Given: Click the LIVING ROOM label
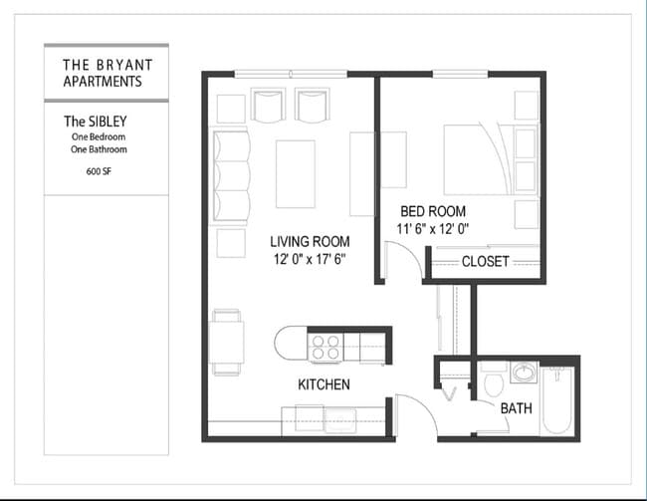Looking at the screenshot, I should coord(310,241).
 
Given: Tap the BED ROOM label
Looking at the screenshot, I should coord(433,211).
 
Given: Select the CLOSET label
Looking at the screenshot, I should coord(485,262).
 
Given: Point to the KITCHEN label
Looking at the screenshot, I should coord(323,384).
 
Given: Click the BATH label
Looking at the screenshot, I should coord(516,408).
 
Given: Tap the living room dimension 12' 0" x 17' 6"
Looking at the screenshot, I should coord(311,260).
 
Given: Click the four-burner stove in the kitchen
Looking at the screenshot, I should coord(325,346).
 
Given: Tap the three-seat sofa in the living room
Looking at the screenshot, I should coord(232,175).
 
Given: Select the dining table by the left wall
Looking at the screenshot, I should coord(228,342).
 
